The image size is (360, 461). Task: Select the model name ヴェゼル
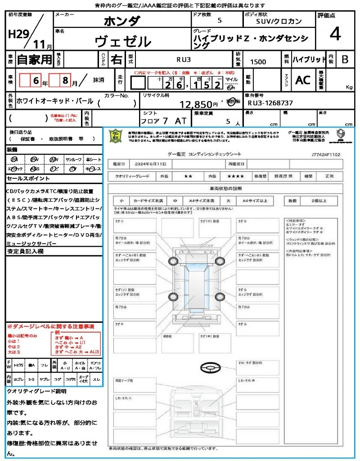click(123, 41)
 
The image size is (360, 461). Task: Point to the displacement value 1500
click(258, 62)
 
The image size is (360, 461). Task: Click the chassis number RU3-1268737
click(270, 103)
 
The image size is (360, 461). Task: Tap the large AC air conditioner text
click(303, 80)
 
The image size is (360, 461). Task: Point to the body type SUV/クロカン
click(279, 21)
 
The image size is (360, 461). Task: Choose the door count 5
click(219, 20)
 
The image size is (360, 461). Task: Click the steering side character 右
click(117, 59)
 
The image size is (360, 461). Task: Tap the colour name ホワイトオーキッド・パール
click(55, 101)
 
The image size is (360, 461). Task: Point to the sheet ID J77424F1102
click(325, 154)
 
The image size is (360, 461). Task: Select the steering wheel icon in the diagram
click(210, 368)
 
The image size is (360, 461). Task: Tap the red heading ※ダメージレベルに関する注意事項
click(50, 326)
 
